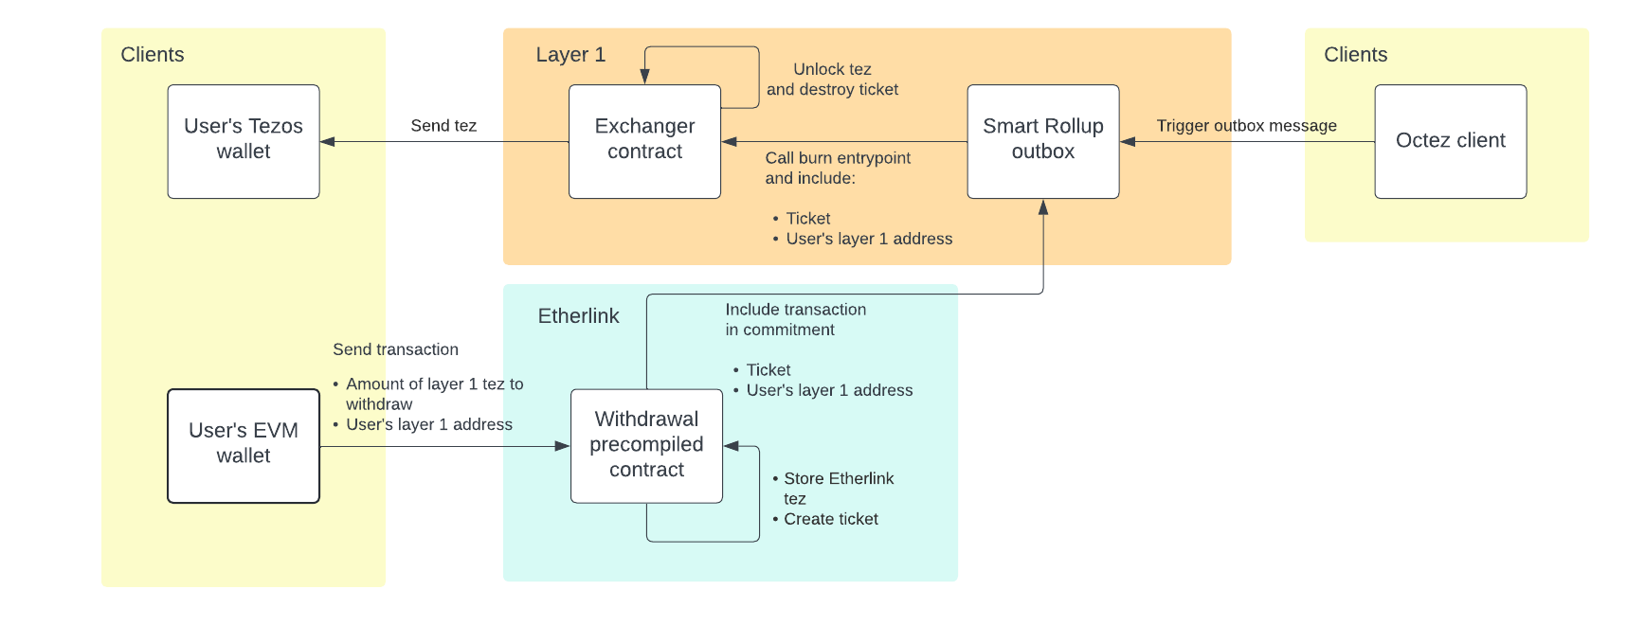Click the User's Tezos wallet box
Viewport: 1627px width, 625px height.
[x=244, y=141]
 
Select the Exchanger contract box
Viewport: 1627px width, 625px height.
[x=644, y=141]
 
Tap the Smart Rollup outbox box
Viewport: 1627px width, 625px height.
[x=1042, y=141]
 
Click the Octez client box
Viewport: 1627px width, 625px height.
[x=1450, y=141]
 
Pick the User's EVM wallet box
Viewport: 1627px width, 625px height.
[x=244, y=445]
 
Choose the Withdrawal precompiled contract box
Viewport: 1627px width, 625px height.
[x=646, y=445]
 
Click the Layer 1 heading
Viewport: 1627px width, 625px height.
[x=570, y=55]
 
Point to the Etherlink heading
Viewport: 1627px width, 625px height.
[x=578, y=316]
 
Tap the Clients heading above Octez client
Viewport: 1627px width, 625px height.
[x=1355, y=55]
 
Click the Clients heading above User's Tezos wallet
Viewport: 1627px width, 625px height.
[x=153, y=55]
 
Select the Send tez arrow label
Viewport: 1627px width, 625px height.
[x=443, y=126]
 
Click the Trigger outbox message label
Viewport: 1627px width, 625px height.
[x=1246, y=126]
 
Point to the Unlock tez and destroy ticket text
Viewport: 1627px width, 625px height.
[x=832, y=80]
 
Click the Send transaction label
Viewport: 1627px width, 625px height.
[x=395, y=349]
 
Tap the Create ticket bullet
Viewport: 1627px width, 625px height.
[x=830, y=519]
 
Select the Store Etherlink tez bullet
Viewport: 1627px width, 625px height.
[x=838, y=488]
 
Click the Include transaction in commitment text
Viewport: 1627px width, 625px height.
[x=795, y=319]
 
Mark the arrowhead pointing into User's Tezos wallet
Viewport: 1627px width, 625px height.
[x=328, y=142]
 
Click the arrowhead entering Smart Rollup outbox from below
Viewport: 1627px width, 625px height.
[x=1043, y=207]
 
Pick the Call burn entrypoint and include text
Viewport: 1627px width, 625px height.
[x=838, y=168]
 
